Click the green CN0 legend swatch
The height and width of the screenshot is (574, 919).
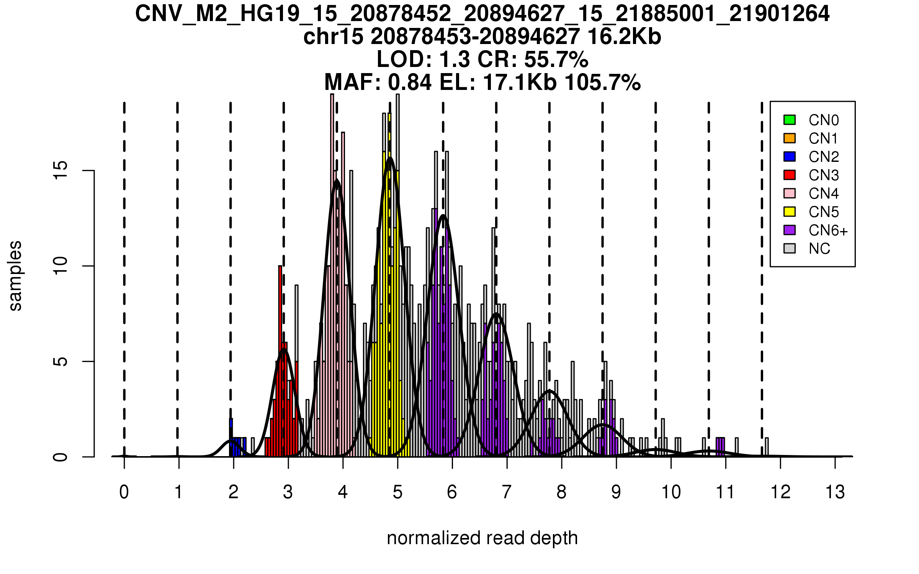pyautogui.click(x=790, y=120)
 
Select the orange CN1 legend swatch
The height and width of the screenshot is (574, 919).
pyautogui.click(x=790, y=138)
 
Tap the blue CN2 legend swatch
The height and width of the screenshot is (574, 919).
pyautogui.click(x=790, y=157)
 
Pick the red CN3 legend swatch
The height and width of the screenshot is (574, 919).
pyautogui.click(x=790, y=175)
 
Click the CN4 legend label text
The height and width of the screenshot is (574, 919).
pyautogui.click(x=824, y=194)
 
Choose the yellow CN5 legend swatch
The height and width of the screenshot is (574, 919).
pyautogui.click(x=790, y=212)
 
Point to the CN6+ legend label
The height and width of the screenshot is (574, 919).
pyautogui.click(x=828, y=230)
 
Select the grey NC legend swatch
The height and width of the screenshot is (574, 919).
pyautogui.click(x=790, y=248)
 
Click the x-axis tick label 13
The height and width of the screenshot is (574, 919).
pyautogui.click(x=835, y=492)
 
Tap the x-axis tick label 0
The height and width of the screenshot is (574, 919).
pyautogui.click(x=124, y=492)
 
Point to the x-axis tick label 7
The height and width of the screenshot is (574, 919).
pyautogui.click(x=507, y=492)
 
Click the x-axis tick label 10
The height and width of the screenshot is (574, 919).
pyautogui.click(x=671, y=492)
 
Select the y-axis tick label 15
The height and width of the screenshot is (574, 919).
pyautogui.click(x=61, y=170)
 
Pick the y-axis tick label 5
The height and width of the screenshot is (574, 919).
pyautogui.click(x=61, y=362)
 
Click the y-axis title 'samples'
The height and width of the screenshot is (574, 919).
pyautogui.click(x=15, y=276)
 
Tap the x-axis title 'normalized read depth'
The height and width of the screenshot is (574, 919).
pyautogui.click(x=482, y=538)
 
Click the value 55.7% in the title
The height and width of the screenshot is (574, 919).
pyautogui.click(x=556, y=60)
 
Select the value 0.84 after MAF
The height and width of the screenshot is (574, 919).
pyautogui.click(x=410, y=82)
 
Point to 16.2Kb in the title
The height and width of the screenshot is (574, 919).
pyautogui.click(x=624, y=37)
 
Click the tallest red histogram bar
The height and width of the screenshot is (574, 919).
pyautogui.click(x=280, y=360)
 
